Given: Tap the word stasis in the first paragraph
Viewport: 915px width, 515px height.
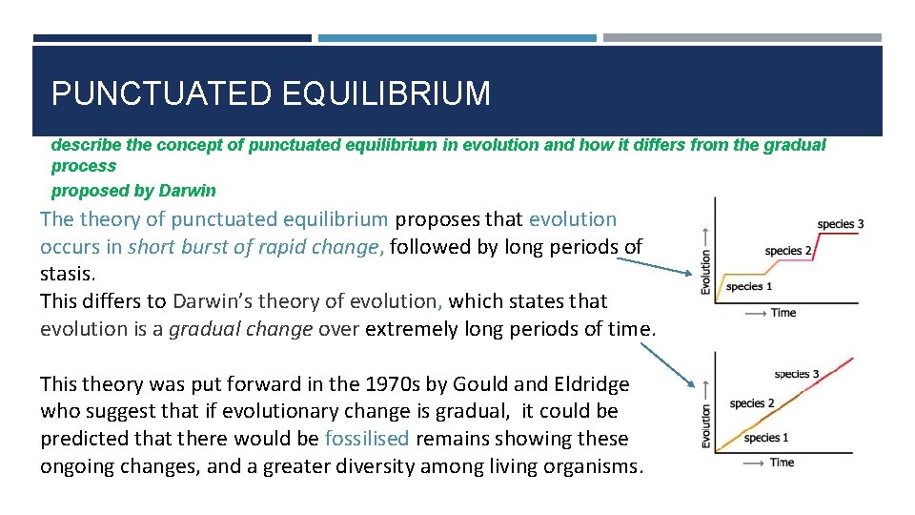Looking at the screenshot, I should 67,274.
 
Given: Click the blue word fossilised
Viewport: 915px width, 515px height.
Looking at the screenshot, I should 367,440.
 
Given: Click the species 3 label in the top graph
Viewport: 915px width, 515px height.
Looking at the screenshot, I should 841,224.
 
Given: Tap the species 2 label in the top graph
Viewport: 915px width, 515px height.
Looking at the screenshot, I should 788,251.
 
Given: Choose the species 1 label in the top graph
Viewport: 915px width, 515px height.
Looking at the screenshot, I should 749,286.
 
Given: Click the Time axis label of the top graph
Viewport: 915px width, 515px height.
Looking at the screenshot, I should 783,313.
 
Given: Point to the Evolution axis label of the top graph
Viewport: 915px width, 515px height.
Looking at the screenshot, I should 706,260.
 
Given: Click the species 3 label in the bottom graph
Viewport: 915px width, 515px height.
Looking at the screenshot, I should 797,374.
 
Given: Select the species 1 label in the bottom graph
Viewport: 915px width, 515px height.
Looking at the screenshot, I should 766,438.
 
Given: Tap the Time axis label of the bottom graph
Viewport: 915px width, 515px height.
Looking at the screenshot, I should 782,463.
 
